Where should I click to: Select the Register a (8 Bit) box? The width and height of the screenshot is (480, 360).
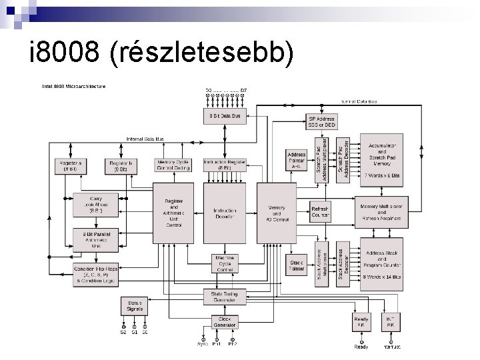tap(71, 165)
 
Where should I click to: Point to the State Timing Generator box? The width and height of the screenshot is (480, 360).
tap(225, 297)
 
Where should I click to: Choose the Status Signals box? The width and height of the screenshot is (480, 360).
tap(134, 307)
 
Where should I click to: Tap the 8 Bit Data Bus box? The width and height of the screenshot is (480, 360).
tap(225, 115)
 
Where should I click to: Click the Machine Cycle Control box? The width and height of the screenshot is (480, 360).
tap(225, 263)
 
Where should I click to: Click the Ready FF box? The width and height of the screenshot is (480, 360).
tap(361, 323)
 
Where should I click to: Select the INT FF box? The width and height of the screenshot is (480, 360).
tap(390, 323)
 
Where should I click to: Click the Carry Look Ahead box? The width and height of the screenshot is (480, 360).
tap(96, 205)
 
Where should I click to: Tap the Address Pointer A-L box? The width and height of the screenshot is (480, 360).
tap(296, 160)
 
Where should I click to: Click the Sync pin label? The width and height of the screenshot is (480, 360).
tap(203, 345)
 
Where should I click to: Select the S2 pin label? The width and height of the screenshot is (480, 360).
tap(123, 332)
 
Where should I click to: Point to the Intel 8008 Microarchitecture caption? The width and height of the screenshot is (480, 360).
tap(73, 86)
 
